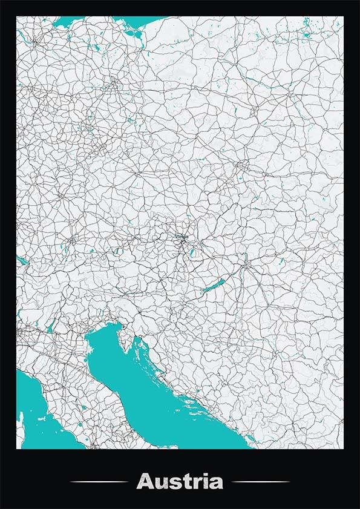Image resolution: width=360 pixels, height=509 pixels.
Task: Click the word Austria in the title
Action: [x=180, y=482]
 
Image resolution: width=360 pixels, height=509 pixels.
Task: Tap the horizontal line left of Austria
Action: [x=99, y=482]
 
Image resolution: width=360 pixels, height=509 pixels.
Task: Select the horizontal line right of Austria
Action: [x=261, y=482]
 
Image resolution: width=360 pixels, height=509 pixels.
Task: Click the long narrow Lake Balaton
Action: [x=212, y=287]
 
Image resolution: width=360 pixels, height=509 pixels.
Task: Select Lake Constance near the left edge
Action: [x=21, y=261]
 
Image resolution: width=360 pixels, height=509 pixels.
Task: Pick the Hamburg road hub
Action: [x=36, y=42]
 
